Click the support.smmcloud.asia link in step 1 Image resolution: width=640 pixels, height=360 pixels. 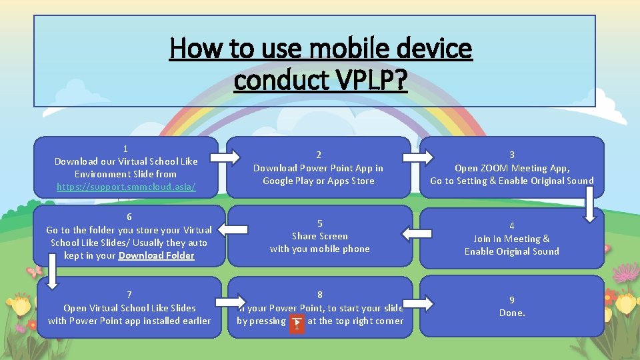(x=126, y=187)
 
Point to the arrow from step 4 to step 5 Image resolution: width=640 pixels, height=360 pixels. (x=415, y=233)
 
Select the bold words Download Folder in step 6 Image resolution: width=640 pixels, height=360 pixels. (x=156, y=255)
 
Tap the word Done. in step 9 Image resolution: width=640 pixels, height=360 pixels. (x=512, y=313)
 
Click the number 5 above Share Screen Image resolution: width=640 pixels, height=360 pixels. (x=320, y=223)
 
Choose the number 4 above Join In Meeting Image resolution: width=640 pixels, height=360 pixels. (x=512, y=226)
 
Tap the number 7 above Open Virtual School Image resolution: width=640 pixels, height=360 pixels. (x=129, y=295)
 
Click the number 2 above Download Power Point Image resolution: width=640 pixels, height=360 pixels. (x=319, y=155)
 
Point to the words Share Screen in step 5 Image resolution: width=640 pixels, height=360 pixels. (x=320, y=236)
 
